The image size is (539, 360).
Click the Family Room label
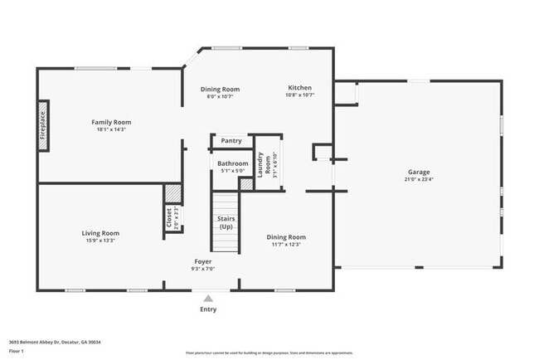[x=111, y=122]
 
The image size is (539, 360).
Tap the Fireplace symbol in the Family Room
[x=43, y=125]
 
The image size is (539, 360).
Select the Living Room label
[x=100, y=233]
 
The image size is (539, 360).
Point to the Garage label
[x=418, y=173]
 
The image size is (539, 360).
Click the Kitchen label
[x=299, y=88]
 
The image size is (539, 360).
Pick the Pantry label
[x=231, y=141]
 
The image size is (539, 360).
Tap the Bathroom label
[x=233, y=163]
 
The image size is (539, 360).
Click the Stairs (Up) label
[x=226, y=222]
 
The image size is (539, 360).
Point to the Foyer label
[x=203, y=261]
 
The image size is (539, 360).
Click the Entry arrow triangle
[x=208, y=298]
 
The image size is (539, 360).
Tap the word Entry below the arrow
[x=208, y=309]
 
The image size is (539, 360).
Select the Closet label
[x=170, y=218]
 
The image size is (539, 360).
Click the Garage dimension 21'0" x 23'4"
[x=418, y=180]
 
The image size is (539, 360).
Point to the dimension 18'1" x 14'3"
[x=111, y=129]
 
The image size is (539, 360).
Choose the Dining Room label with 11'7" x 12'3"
[x=286, y=237]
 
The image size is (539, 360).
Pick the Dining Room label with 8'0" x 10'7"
[x=220, y=90]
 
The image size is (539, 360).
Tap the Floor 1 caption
[x=16, y=351]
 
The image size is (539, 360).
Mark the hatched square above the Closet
[x=172, y=192]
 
